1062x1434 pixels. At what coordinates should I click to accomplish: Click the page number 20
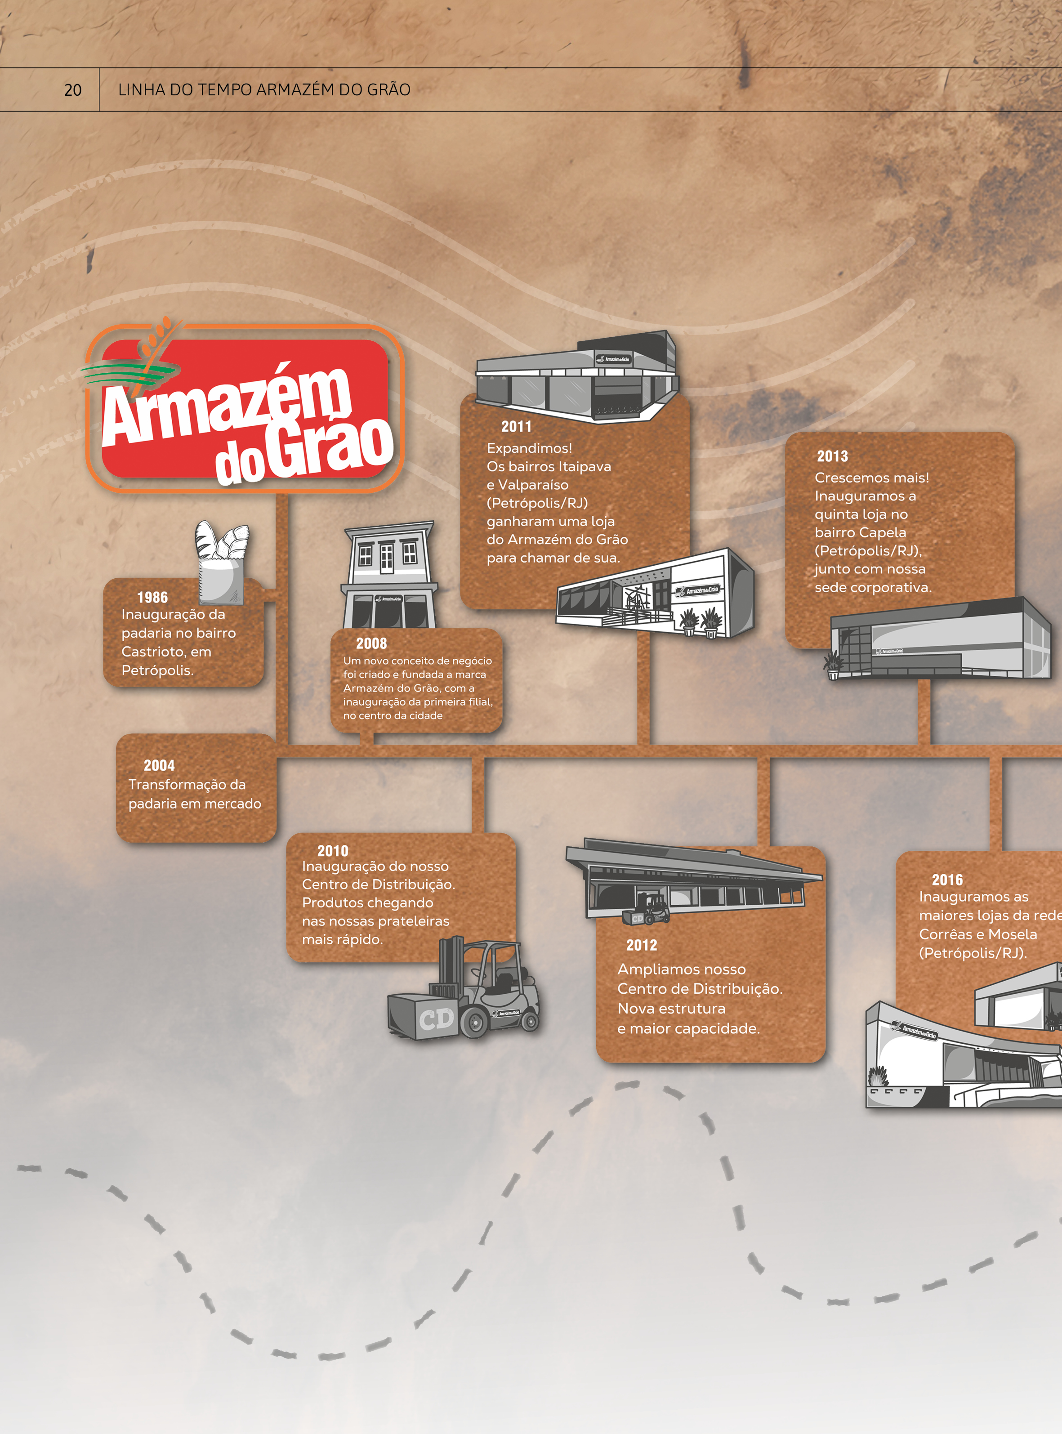(73, 90)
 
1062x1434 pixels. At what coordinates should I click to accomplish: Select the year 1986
(152, 597)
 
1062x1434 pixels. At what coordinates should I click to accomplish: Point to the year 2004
(159, 765)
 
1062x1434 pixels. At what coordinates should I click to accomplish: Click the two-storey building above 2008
(389, 575)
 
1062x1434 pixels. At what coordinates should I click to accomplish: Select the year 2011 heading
(516, 426)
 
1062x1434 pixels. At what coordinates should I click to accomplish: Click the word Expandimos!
(529, 448)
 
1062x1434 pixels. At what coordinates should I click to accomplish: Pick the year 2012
(642, 945)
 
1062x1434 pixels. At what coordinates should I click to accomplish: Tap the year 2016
(947, 879)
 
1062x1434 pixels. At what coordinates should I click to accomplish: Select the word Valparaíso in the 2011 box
(533, 485)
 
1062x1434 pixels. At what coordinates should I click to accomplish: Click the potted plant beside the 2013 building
(833, 665)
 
